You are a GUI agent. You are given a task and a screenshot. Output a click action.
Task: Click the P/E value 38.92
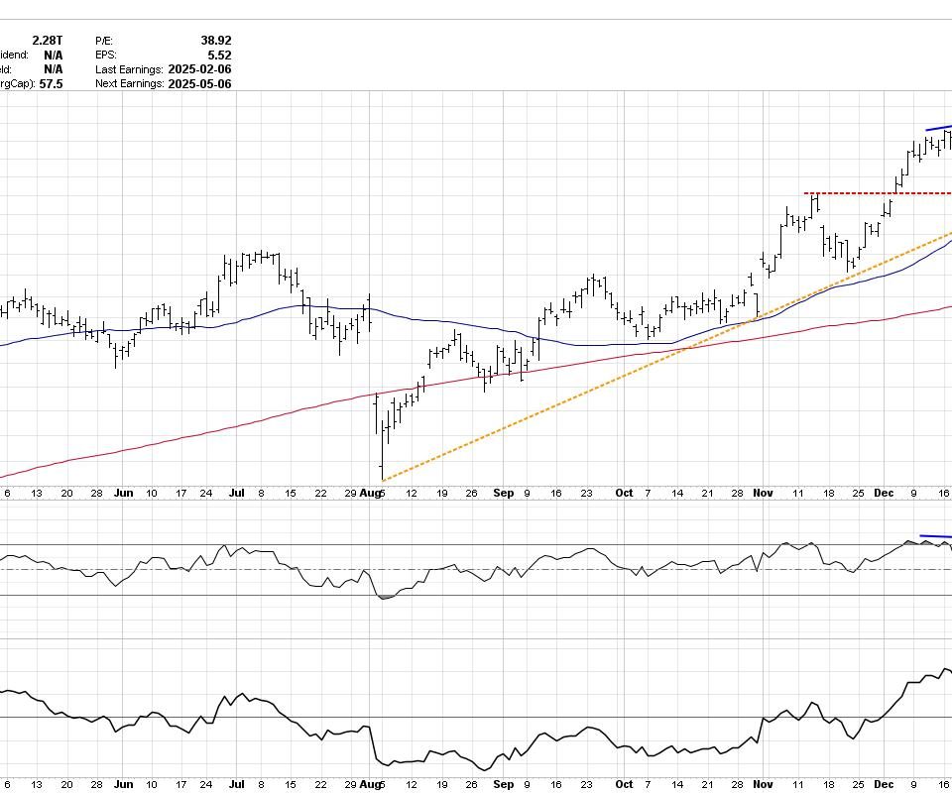[x=215, y=41]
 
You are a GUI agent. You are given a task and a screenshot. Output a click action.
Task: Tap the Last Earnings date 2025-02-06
[x=199, y=69]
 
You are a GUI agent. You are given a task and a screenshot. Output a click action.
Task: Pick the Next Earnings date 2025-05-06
[x=199, y=84]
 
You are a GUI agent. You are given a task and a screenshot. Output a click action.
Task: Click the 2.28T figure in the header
[x=47, y=41]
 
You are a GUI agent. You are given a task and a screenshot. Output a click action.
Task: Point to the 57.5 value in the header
[x=51, y=84]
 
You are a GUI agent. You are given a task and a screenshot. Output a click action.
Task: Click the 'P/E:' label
[x=106, y=41]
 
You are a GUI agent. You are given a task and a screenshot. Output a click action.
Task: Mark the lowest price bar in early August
[x=382, y=466]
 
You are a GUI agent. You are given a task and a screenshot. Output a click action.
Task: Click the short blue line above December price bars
[x=938, y=128]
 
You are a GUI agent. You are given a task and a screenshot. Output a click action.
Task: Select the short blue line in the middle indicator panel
[x=935, y=537]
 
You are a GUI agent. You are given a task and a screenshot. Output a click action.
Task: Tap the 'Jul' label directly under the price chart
[x=237, y=493]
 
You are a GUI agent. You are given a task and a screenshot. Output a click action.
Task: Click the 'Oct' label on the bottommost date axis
[x=624, y=784]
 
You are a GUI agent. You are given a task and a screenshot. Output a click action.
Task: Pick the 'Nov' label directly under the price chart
[x=763, y=493]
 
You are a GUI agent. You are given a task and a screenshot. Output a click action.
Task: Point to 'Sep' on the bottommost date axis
[x=504, y=784]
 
